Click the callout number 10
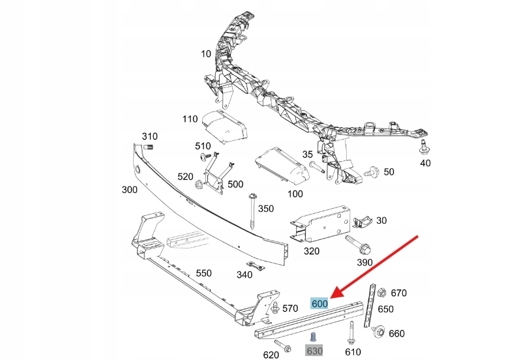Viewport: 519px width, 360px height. [206, 54]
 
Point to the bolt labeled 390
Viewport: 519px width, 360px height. [361, 248]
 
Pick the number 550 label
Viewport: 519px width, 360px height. [203, 273]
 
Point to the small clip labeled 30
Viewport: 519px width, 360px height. [361, 222]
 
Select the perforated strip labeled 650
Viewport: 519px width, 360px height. [371, 307]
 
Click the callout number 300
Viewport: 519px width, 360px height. [129, 190]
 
